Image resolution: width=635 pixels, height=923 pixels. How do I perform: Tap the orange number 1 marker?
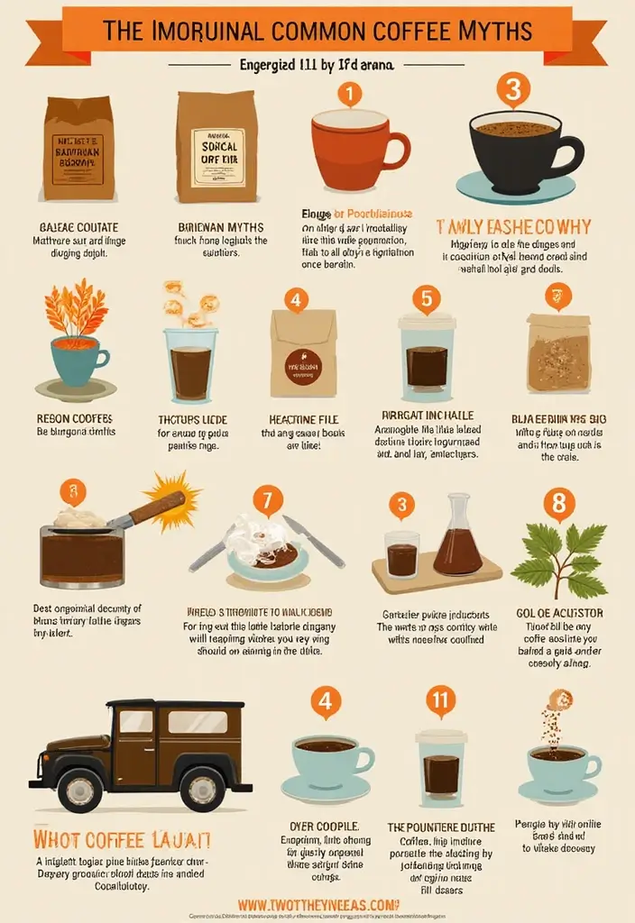coord(349,94)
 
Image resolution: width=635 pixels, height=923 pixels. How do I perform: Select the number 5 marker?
coord(426,298)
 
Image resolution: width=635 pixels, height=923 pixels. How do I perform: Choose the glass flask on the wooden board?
coord(457,538)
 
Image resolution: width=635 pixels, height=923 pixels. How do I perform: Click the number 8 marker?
coord(558,503)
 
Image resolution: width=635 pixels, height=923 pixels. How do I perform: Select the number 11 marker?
coord(441,699)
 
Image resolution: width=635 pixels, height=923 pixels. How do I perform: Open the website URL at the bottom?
coord(317,904)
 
